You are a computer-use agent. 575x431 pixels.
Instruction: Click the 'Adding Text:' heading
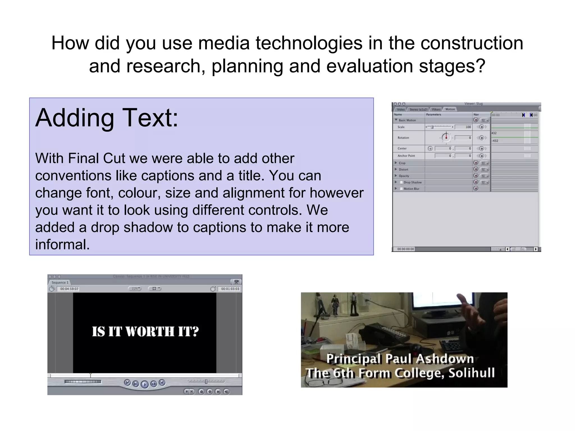point(107,118)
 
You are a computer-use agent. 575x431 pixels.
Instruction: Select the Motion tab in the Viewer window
point(450,109)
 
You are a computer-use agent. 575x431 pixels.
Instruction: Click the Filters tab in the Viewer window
point(436,109)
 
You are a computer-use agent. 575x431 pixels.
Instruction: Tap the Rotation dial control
point(446,137)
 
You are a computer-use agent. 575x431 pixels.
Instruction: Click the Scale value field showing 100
point(463,127)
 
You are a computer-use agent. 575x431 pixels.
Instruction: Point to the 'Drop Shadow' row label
point(412,182)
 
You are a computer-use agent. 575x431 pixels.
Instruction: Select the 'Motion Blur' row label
point(411,189)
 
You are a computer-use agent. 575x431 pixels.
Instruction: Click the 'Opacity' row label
point(404,176)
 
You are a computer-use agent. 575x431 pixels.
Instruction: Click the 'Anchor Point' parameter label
point(406,156)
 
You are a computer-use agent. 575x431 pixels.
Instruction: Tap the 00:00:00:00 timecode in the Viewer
point(405,249)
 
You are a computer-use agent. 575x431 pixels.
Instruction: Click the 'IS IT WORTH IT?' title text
point(145,331)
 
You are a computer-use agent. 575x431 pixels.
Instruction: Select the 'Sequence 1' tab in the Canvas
point(60,283)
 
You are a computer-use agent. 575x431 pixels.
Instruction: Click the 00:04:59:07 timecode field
point(69,289)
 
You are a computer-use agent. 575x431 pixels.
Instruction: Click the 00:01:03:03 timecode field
point(230,289)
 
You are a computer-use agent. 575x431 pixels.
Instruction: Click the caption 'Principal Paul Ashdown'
point(400,359)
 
